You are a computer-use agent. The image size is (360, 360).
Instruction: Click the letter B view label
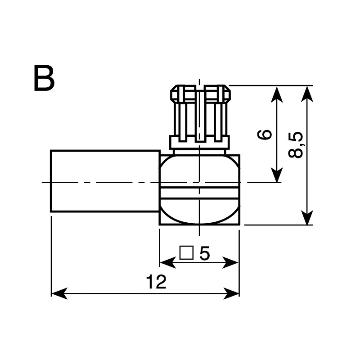44,78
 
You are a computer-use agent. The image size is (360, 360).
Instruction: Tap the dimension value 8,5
296,144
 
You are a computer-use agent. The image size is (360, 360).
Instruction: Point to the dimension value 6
265,135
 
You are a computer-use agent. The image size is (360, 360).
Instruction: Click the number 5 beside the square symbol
205,253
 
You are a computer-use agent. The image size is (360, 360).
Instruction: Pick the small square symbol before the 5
186,253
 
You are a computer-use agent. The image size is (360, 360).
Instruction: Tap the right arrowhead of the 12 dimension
231,293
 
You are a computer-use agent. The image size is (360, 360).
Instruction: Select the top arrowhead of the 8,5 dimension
307,94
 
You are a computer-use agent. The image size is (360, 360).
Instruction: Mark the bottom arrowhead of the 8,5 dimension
307,217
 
